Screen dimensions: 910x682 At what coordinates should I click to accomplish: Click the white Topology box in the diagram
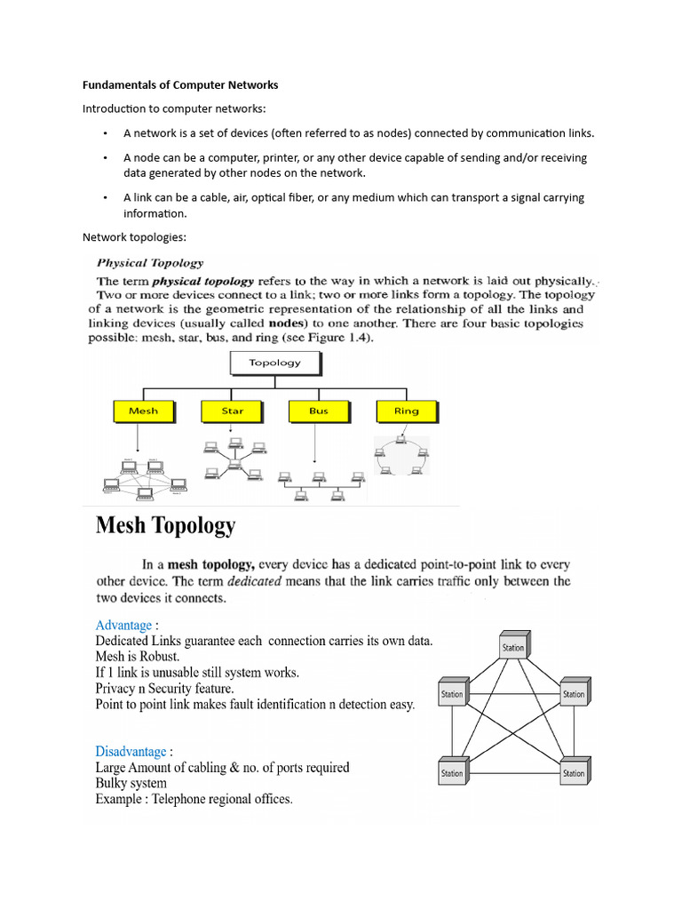pyautogui.click(x=274, y=363)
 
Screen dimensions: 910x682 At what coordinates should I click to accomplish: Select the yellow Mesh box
pyautogui.click(x=143, y=411)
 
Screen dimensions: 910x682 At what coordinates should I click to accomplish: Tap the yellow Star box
pyautogui.click(x=233, y=411)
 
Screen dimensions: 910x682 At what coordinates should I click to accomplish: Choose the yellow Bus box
pyautogui.click(x=319, y=411)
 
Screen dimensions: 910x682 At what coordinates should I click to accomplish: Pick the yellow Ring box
pyautogui.click(x=406, y=411)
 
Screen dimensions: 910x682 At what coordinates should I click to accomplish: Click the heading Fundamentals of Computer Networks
pyautogui.click(x=180, y=85)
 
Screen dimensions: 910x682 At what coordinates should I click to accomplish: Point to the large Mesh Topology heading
pyautogui.click(x=166, y=526)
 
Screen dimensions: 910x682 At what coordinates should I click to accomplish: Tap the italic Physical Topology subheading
pyautogui.click(x=150, y=263)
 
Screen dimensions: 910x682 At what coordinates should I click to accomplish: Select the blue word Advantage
pyautogui.click(x=123, y=625)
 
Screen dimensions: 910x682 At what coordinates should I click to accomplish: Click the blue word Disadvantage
pyautogui.click(x=131, y=752)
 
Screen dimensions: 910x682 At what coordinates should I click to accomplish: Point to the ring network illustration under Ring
pyautogui.click(x=402, y=455)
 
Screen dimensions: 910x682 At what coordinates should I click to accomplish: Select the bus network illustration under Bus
pyautogui.click(x=320, y=484)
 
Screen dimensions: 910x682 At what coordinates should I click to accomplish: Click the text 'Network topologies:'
pyautogui.click(x=134, y=237)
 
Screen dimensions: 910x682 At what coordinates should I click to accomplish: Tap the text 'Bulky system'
pyautogui.click(x=131, y=783)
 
